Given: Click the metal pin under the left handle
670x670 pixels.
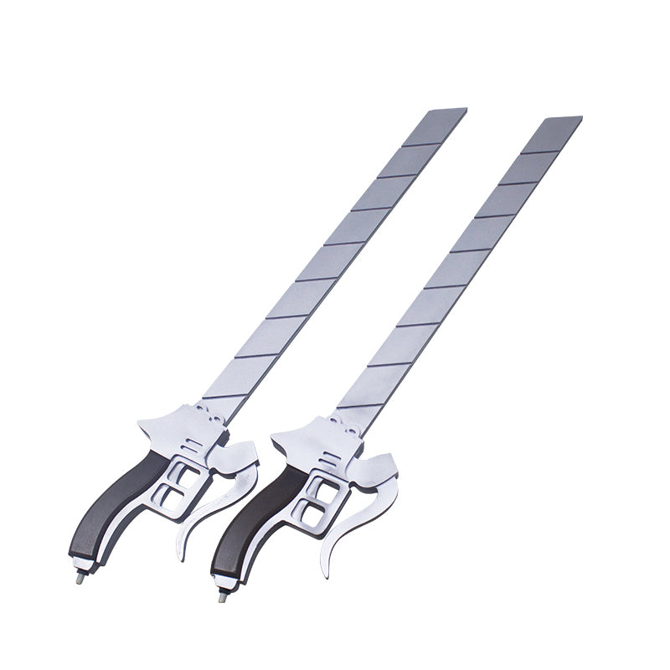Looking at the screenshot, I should click(x=80, y=576).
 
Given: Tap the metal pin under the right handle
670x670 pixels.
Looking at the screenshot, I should click(x=223, y=595).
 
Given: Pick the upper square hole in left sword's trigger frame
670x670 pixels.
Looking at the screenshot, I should click(x=186, y=478).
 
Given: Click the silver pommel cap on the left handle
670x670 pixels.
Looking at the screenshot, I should click(x=85, y=563).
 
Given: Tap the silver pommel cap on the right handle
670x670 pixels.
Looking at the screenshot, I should click(x=226, y=580).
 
